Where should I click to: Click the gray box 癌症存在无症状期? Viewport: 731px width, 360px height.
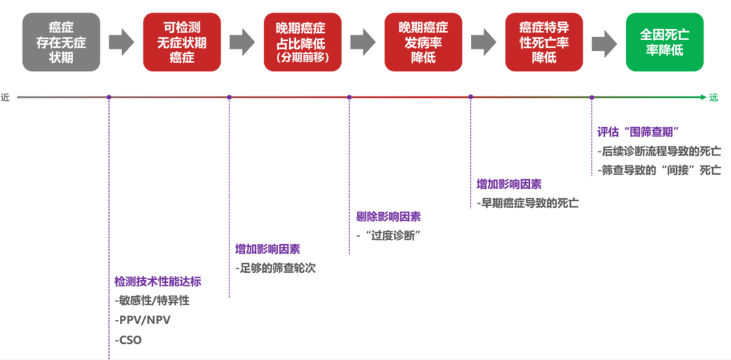click(62, 42)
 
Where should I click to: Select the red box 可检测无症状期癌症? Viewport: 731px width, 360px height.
click(182, 42)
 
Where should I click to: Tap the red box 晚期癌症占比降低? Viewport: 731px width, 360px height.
click(303, 42)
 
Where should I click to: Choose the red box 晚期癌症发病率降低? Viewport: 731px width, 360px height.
click(423, 42)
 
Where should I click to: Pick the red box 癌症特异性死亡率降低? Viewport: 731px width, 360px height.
click(544, 42)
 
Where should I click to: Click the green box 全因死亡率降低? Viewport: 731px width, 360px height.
click(664, 42)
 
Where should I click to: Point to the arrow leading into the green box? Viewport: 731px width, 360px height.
click(604, 43)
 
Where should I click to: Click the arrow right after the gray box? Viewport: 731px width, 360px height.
click(122, 43)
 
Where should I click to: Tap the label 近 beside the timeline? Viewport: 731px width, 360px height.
click(5, 97)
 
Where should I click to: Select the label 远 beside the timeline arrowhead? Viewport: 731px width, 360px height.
click(713, 97)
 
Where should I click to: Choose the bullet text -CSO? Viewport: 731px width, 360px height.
click(129, 340)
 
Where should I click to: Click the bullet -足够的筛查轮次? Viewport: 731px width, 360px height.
click(275, 267)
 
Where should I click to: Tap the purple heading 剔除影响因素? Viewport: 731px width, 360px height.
click(389, 217)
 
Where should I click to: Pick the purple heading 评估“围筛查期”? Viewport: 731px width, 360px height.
click(638, 131)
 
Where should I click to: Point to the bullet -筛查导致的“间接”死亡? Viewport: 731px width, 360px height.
click(659, 170)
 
